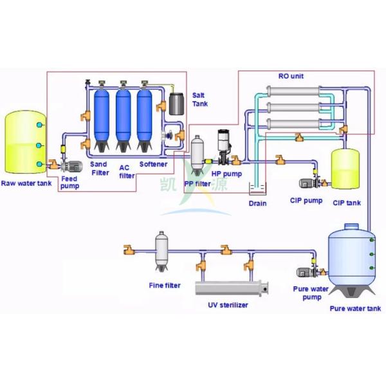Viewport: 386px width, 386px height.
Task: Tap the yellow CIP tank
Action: tap(344, 169)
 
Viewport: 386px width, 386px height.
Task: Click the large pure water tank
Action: tap(351, 257)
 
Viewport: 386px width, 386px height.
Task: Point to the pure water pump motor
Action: tap(302, 273)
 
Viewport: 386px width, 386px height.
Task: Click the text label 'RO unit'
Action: tap(290, 77)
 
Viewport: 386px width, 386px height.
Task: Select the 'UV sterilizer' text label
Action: tap(228, 305)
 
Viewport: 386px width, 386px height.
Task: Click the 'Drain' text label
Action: tap(257, 204)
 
